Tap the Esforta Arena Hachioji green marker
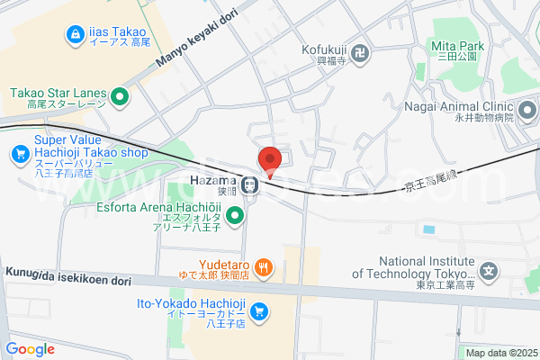click(235, 215)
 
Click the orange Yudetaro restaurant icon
click(264, 266)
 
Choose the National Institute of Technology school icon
click(489, 271)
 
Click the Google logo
click(30, 349)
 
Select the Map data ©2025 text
click(499, 353)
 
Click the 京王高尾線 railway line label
click(431, 185)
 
